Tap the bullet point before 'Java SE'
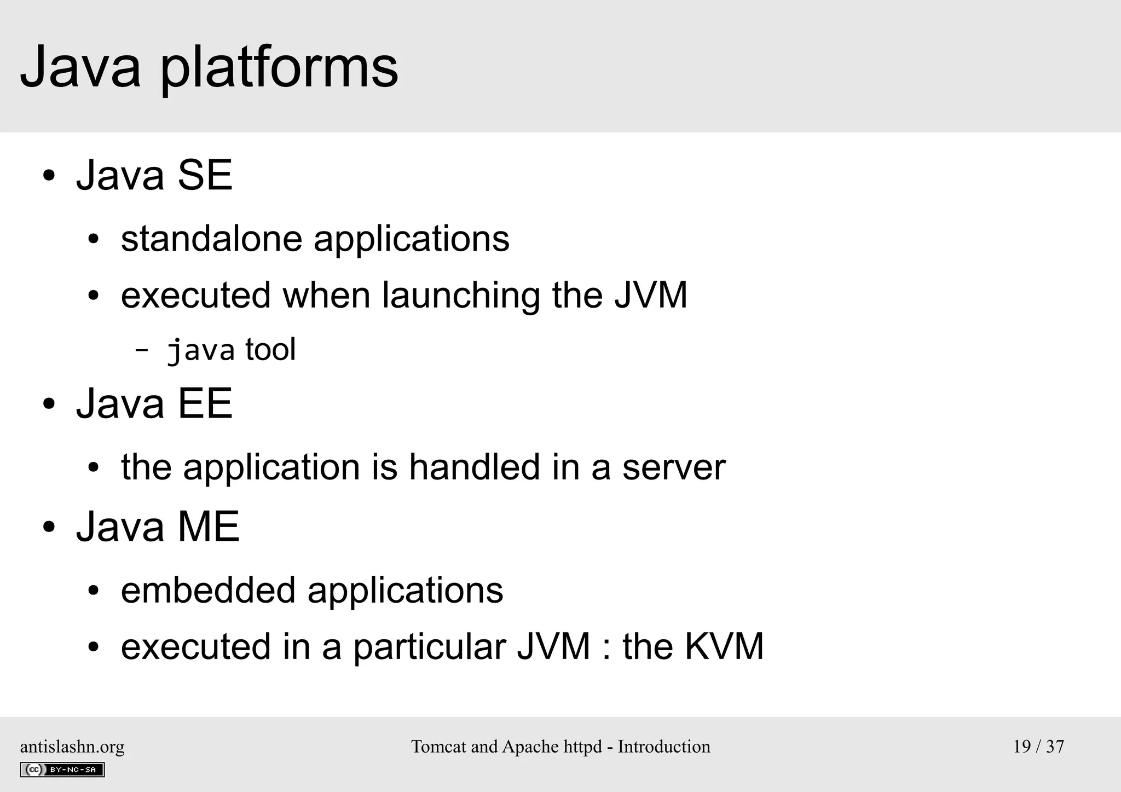click(49, 176)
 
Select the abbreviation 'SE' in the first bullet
click(205, 175)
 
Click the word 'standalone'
click(211, 239)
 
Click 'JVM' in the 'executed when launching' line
click(650, 295)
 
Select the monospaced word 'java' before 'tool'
click(200, 350)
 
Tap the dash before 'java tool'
click(141, 350)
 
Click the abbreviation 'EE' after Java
click(205, 403)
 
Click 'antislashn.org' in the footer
click(72, 747)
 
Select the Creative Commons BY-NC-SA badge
click(62, 770)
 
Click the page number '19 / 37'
click(1038, 747)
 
